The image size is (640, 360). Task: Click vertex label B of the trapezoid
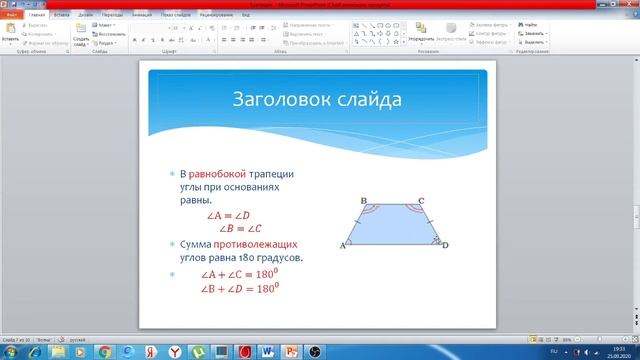point(363,201)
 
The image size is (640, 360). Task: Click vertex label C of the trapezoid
point(421,201)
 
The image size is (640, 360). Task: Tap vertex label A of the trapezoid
point(343,245)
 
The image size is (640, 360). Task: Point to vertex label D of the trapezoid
point(445,245)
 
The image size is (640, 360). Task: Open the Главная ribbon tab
point(37,16)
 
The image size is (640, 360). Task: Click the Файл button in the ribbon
point(12,16)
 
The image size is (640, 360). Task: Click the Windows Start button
point(11,352)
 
